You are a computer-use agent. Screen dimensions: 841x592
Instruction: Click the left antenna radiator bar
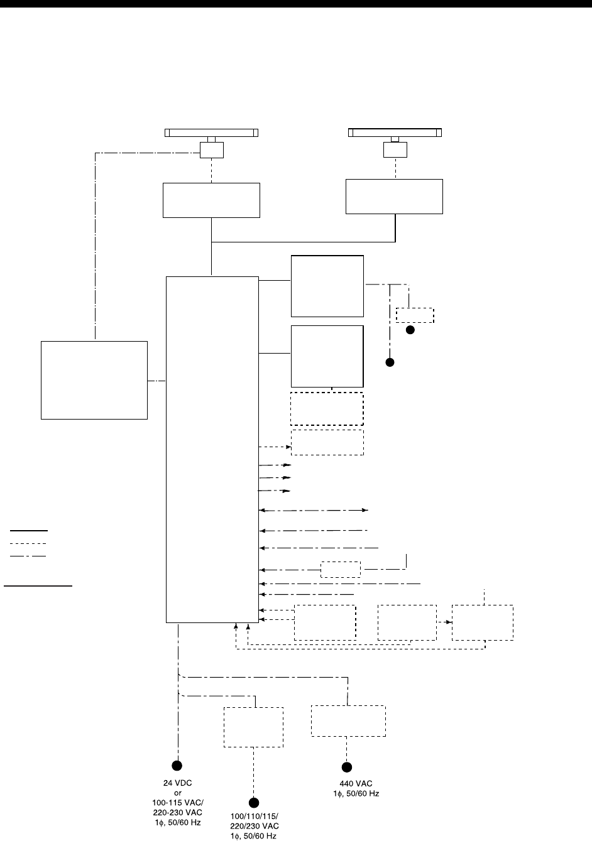pyautogui.click(x=212, y=133)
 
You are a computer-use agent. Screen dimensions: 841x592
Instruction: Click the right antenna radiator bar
pyautogui.click(x=395, y=133)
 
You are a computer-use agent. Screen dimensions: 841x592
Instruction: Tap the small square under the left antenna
pyautogui.click(x=212, y=150)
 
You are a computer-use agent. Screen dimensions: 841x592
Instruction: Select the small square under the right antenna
pyautogui.click(x=395, y=150)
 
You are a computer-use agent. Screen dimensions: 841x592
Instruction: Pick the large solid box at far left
pyautogui.click(x=94, y=380)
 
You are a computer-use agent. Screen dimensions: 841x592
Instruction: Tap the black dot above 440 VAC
pyautogui.click(x=346, y=767)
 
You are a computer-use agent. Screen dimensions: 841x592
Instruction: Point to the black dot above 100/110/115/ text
pyautogui.click(x=254, y=803)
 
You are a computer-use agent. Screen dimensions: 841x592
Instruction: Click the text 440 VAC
pyautogui.click(x=347, y=783)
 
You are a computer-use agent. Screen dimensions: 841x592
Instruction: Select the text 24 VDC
pyautogui.click(x=178, y=783)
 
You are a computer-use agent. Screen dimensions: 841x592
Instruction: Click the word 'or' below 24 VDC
pyautogui.click(x=178, y=793)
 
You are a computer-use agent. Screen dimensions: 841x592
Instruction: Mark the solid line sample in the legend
pyautogui.click(x=28, y=530)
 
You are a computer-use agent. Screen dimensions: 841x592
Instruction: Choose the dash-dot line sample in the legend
pyautogui.click(x=28, y=556)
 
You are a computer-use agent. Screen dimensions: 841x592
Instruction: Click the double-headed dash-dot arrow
pyautogui.click(x=314, y=511)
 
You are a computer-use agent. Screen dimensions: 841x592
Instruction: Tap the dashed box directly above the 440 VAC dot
pyautogui.click(x=348, y=721)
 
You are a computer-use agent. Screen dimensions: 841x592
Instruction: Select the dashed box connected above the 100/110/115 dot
pyautogui.click(x=253, y=727)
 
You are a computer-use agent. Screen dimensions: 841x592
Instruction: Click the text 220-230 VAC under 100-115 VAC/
pyautogui.click(x=178, y=812)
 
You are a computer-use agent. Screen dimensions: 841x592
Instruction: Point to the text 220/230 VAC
pyautogui.click(x=254, y=827)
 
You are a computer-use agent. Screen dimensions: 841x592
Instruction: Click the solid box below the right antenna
pyautogui.click(x=395, y=197)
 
